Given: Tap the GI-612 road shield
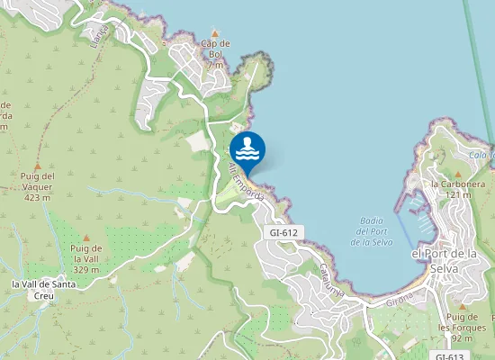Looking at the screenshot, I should coord(283,232).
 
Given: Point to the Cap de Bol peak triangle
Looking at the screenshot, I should coord(214,31).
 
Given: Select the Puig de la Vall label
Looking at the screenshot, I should coord(85,258).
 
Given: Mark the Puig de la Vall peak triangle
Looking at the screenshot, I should coord(86,236).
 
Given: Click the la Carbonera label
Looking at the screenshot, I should coord(451,189).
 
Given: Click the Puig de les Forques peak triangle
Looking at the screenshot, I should coord(463,307).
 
